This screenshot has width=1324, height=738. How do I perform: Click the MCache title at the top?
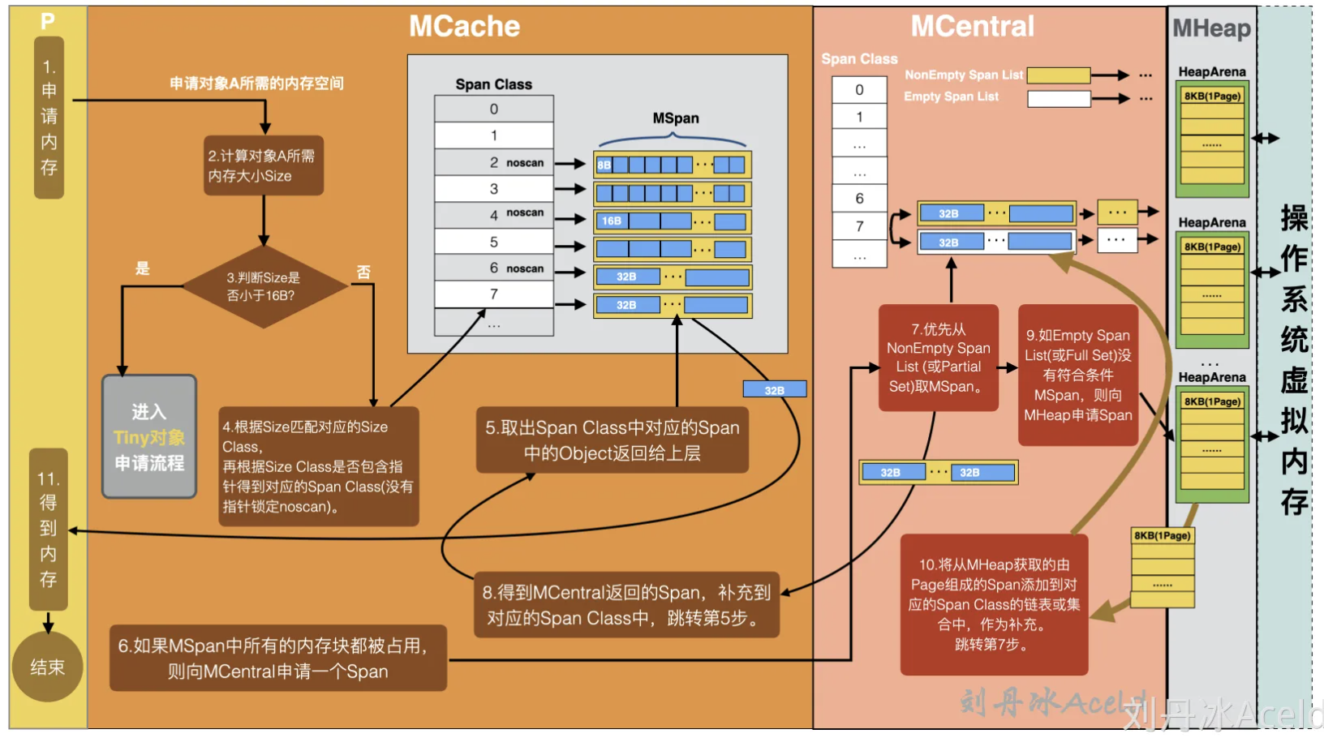coord(464,27)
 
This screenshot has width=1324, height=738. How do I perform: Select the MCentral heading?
coord(972,27)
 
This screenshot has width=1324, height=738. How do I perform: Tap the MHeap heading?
coord(1211,29)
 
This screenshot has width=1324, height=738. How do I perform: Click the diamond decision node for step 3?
coord(264,286)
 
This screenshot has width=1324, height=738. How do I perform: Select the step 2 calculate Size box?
coord(264,165)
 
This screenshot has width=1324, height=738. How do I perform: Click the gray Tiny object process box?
coord(149,436)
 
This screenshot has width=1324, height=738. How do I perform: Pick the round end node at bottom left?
coord(47,667)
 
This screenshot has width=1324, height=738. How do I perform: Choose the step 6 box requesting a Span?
coord(277,658)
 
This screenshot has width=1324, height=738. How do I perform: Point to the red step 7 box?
coord(938,358)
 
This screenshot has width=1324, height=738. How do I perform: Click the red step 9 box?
coord(1077,375)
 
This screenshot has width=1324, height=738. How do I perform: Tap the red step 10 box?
coord(994,604)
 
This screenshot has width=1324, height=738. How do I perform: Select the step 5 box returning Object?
coord(612,440)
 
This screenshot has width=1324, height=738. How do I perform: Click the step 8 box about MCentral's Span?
coord(625,605)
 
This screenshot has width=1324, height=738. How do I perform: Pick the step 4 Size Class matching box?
coord(318,466)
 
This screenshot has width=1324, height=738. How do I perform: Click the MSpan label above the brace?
coord(675,118)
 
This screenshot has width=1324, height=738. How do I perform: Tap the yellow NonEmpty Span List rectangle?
coord(1059,75)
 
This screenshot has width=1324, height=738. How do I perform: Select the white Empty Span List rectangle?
coord(1059,99)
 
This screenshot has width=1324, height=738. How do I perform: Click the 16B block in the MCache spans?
coord(612,221)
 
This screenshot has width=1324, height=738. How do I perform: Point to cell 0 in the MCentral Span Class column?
coord(859,90)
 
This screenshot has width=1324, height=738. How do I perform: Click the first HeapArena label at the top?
coord(1211,72)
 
